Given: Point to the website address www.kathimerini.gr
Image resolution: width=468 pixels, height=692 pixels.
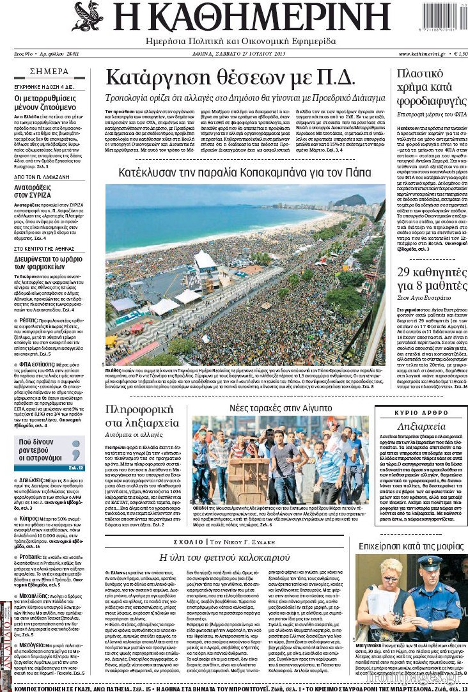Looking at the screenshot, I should [417, 54].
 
